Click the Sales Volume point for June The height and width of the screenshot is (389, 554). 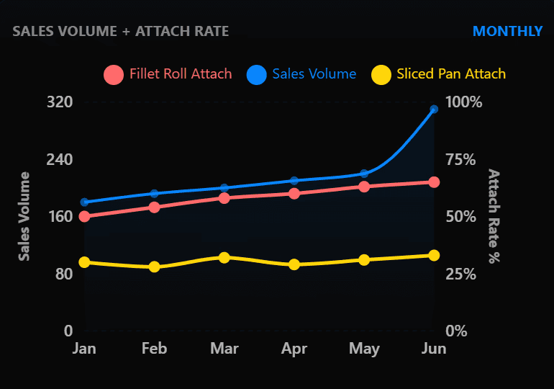[434, 109]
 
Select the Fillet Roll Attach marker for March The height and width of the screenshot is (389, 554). [224, 197]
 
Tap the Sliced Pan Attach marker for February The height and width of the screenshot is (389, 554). [154, 267]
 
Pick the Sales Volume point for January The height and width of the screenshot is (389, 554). [84, 202]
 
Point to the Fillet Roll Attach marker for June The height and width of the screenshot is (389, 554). [434, 182]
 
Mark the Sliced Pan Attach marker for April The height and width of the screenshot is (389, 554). [294, 264]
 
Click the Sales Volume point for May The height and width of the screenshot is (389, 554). [364, 174]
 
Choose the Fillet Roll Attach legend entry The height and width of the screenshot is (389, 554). [168, 74]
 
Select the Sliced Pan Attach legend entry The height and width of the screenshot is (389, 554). [438, 74]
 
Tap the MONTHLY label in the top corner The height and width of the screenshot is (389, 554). [507, 31]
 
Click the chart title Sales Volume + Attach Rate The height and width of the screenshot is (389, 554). [121, 31]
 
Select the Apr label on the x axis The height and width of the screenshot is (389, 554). [294, 349]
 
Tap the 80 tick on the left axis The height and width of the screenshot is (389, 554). [65, 274]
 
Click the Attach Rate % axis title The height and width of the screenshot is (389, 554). [494, 216]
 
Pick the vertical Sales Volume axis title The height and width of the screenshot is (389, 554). [24, 216]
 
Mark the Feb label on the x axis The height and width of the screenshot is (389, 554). [154, 349]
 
